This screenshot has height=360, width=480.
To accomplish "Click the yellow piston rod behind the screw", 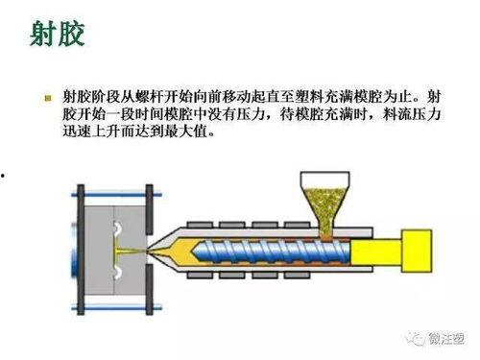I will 375,250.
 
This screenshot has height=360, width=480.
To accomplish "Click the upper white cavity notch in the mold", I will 115,229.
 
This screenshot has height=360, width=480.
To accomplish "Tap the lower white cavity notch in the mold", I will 115,272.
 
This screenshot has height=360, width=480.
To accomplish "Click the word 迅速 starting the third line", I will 76,132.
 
